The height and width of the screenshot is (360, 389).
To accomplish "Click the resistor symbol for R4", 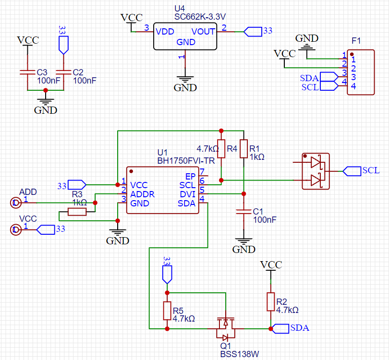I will [221, 148].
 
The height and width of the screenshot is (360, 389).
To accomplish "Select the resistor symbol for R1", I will [243, 148].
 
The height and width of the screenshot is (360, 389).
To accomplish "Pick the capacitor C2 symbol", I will [63, 72].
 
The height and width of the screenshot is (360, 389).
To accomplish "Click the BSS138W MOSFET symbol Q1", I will [225, 326].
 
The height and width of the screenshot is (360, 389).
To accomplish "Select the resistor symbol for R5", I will [167, 311].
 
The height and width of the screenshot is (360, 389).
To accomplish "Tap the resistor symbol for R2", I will [271, 302].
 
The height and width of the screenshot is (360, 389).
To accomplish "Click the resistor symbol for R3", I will [77, 212].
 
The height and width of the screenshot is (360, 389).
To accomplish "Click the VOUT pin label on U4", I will [204, 32].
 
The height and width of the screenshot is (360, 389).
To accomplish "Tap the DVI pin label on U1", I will [187, 194].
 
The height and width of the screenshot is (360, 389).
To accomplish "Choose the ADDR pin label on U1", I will [143, 194].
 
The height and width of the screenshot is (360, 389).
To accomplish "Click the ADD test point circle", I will [16, 203].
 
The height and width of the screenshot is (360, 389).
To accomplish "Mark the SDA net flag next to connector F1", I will [328, 77].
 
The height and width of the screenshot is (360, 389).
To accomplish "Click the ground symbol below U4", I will [185, 81].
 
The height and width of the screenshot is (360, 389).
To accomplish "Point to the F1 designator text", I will [356, 40].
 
